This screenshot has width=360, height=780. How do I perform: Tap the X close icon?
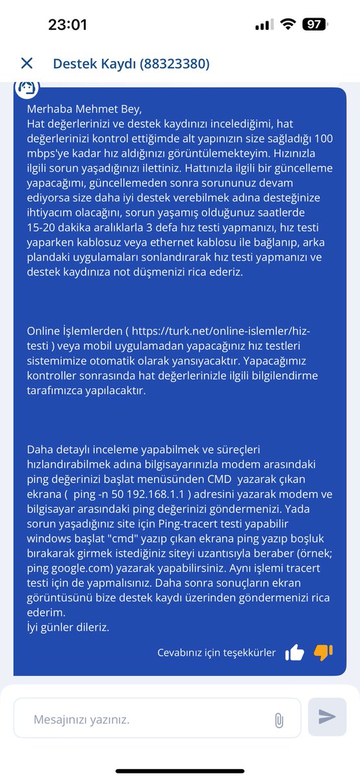pyautogui.click(x=27, y=63)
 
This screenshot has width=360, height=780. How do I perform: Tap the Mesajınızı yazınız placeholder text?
pyautogui.click(x=81, y=720)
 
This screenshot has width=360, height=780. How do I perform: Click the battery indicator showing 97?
pyautogui.click(x=315, y=25)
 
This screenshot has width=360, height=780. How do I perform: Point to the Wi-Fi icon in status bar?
pyautogui.click(x=287, y=25)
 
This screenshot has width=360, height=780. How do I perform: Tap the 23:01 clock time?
pyautogui.click(x=68, y=25)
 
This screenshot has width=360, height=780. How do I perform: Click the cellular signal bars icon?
pyautogui.click(x=263, y=25)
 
